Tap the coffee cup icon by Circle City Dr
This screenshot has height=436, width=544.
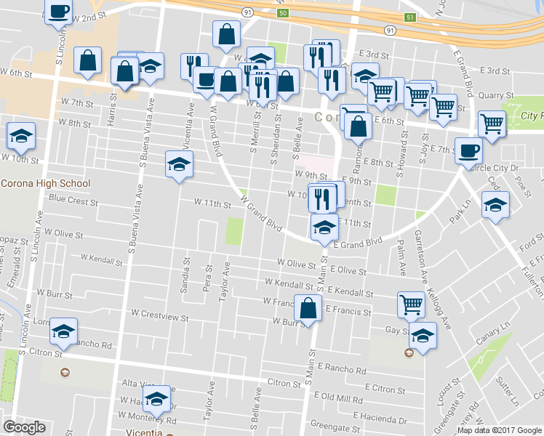(x=468, y=151)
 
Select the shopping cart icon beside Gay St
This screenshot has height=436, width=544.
(x=412, y=304)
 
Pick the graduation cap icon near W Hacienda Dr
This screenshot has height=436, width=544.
(x=155, y=398)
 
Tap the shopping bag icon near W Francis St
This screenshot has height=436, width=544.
(x=308, y=308)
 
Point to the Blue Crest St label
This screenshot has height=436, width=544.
(x=73, y=198)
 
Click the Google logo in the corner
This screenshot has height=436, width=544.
(x=24, y=427)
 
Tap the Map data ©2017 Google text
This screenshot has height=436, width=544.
(x=499, y=430)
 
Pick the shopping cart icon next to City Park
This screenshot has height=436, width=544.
(x=492, y=123)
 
